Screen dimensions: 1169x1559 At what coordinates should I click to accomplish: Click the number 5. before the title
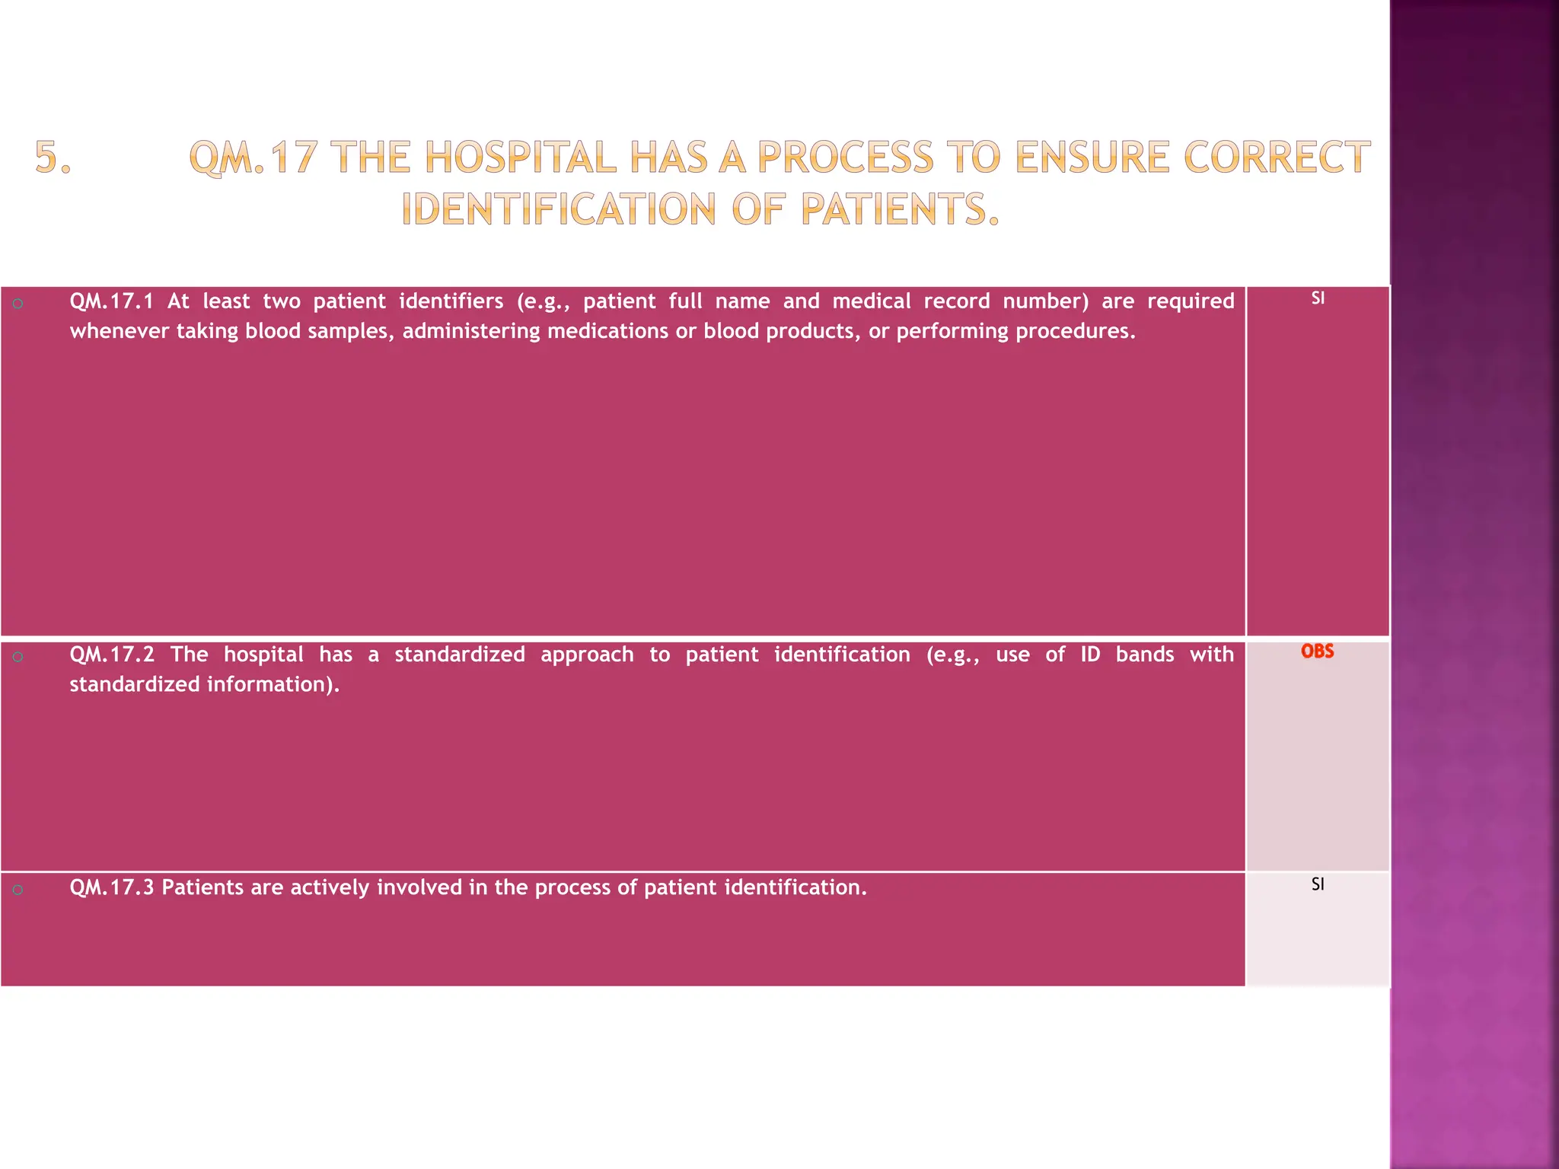pyautogui.click(x=53, y=158)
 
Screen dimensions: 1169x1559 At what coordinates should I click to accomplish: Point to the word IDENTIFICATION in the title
pyautogui.click(x=559, y=209)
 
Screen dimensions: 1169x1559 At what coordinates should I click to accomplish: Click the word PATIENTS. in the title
pyautogui.click(x=899, y=209)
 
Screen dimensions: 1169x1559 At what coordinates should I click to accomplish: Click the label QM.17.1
pyautogui.click(x=111, y=301)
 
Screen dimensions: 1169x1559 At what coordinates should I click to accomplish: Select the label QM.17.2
pyautogui.click(x=111, y=655)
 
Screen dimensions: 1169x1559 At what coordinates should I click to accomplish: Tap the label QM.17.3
pyautogui.click(x=111, y=887)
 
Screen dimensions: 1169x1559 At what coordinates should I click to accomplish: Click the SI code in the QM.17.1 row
pyautogui.click(x=1318, y=298)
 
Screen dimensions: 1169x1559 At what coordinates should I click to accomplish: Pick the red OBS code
pyautogui.click(x=1317, y=651)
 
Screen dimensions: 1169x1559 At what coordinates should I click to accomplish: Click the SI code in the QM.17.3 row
pyautogui.click(x=1318, y=884)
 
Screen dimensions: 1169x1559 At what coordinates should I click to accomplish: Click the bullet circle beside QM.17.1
pyautogui.click(x=18, y=304)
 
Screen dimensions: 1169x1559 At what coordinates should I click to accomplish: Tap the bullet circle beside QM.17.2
pyautogui.click(x=18, y=657)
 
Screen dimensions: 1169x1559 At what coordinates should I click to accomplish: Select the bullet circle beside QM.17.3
pyautogui.click(x=18, y=890)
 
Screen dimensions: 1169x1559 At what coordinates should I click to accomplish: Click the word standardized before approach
pyautogui.click(x=459, y=655)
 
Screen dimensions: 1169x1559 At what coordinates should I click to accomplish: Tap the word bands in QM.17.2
pyautogui.click(x=1144, y=655)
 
